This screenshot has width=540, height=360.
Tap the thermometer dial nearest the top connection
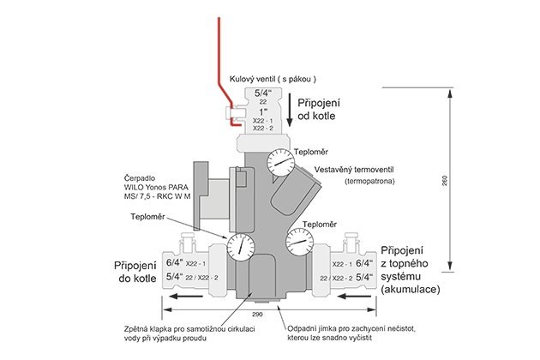(x=281, y=162)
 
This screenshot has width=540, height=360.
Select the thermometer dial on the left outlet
(x=241, y=247)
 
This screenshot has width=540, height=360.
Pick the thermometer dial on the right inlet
(x=300, y=243)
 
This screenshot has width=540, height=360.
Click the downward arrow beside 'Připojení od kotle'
(x=290, y=109)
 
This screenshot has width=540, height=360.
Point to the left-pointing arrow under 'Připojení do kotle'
(x=187, y=296)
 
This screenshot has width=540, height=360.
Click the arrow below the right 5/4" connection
(x=354, y=296)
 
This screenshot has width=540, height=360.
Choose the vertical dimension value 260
(x=444, y=181)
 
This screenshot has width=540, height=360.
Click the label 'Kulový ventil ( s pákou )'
(x=273, y=79)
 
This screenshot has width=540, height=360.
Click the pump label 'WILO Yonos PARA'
(x=156, y=188)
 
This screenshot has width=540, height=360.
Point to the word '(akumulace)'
(x=411, y=290)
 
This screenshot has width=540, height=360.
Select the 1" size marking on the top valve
(x=263, y=111)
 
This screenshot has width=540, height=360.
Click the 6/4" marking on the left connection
(x=175, y=262)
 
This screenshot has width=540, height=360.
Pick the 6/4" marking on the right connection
(x=364, y=263)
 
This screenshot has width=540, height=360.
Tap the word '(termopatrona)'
(x=369, y=181)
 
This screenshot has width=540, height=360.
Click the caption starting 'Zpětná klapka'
(x=189, y=333)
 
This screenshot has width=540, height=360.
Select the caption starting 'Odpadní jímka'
(x=351, y=333)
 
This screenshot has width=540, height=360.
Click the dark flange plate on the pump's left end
(x=201, y=195)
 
